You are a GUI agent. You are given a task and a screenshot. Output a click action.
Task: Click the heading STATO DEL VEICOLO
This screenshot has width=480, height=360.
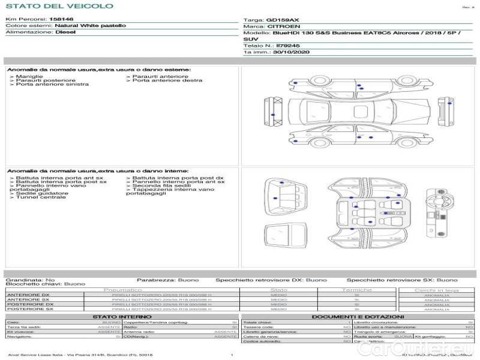59,6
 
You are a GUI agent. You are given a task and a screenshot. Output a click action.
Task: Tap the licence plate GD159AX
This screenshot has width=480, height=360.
283,20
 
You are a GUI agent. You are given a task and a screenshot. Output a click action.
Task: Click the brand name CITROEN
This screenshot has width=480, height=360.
280,27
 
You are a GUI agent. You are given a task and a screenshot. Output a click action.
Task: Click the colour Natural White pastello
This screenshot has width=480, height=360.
90,26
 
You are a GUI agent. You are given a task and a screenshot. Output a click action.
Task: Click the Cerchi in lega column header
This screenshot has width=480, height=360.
436,290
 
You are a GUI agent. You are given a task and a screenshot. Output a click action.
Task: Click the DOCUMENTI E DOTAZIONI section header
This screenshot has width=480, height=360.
357,316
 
